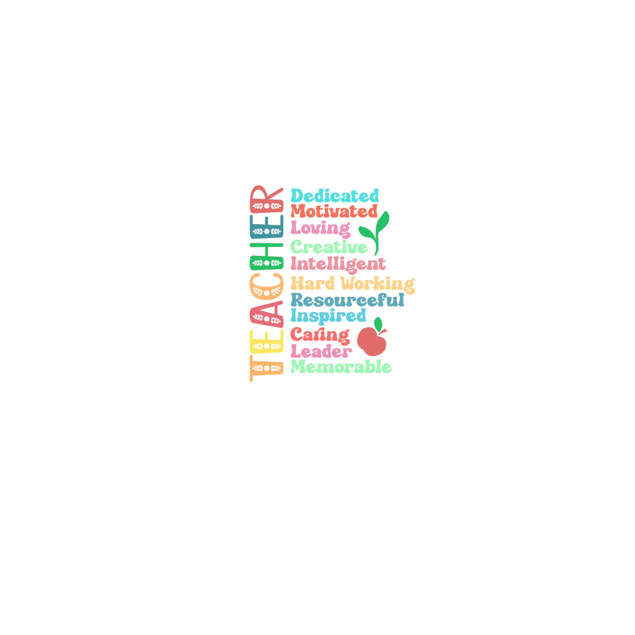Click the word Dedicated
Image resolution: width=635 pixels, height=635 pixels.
click(x=335, y=196)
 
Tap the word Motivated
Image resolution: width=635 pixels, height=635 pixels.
click(x=334, y=211)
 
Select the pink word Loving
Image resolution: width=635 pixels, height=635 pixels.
click(x=321, y=229)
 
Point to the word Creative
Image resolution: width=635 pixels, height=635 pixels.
click(x=329, y=246)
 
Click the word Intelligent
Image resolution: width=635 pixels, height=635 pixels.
click(x=338, y=264)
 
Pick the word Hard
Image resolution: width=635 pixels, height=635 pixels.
click(x=312, y=283)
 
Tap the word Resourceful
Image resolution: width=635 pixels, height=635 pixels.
click(x=347, y=300)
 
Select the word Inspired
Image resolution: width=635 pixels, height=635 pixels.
click(x=328, y=316)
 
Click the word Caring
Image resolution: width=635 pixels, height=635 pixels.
click(x=320, y=335)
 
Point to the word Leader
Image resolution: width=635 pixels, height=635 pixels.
click(x=321, y=351)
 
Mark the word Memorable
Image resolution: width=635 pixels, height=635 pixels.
click(x=341, y=366)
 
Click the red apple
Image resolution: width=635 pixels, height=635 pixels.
click(x=371, y=341)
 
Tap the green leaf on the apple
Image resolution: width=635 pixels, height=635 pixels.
click(x=378, y=324)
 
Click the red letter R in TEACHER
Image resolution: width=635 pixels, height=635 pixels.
click(x=267, y=199)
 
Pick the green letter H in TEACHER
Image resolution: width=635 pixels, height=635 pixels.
click(x=267, y=257)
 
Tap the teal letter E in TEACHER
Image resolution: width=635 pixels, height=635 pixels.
click(x=267, y=227)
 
